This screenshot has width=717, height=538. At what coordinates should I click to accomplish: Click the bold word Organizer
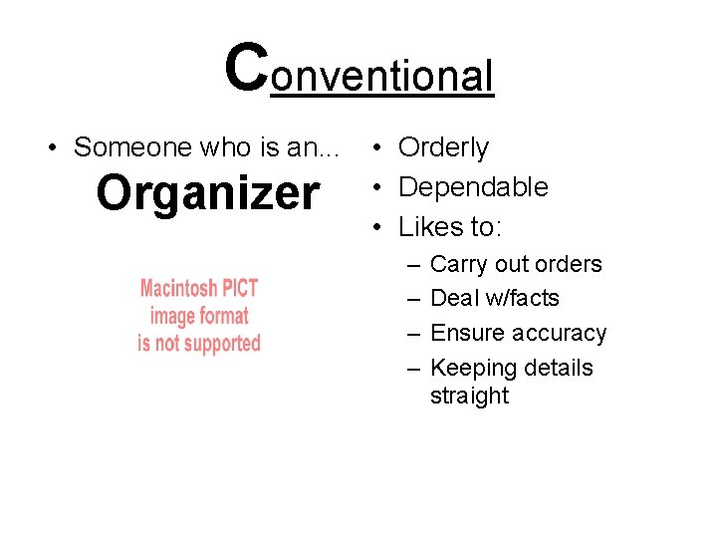(207, 193)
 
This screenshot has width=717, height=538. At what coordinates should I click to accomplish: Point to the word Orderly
(443, 147)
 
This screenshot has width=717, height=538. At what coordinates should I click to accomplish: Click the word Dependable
(473, 187)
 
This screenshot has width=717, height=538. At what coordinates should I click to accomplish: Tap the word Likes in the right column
(427, 227)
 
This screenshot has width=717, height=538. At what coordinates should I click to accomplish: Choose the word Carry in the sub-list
(458, 265)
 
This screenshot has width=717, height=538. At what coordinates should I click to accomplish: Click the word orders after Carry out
(568, 265)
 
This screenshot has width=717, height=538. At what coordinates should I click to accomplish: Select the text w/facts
(523, 298)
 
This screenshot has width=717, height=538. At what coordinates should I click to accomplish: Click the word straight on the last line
(469, 396)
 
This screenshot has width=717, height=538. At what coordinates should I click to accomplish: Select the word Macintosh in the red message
(177, 289)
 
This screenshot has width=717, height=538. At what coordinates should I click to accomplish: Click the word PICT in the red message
(239, 289)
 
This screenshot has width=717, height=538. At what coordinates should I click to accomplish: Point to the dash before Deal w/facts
(412, 299)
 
